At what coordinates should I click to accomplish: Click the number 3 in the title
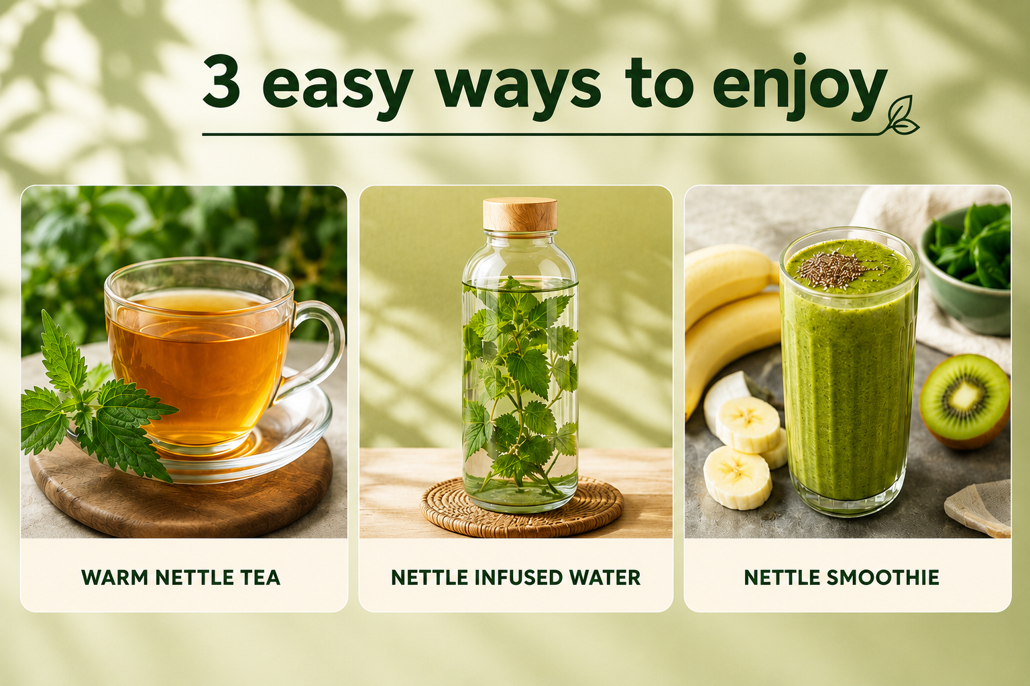click(x=221, y=82)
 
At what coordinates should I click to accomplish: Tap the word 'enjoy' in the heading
click(x=800, y=87)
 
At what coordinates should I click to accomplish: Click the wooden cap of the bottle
click(x=520, y=214)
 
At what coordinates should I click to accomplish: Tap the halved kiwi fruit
click(x=965, y=401)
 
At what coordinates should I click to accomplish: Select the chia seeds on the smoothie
click(x=832, y=269)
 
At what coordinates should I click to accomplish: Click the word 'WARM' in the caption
click(x=115, y=577)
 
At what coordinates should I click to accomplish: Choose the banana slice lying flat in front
click(x=737, y=478)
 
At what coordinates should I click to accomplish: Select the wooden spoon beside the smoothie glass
click(x=980, y=508)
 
